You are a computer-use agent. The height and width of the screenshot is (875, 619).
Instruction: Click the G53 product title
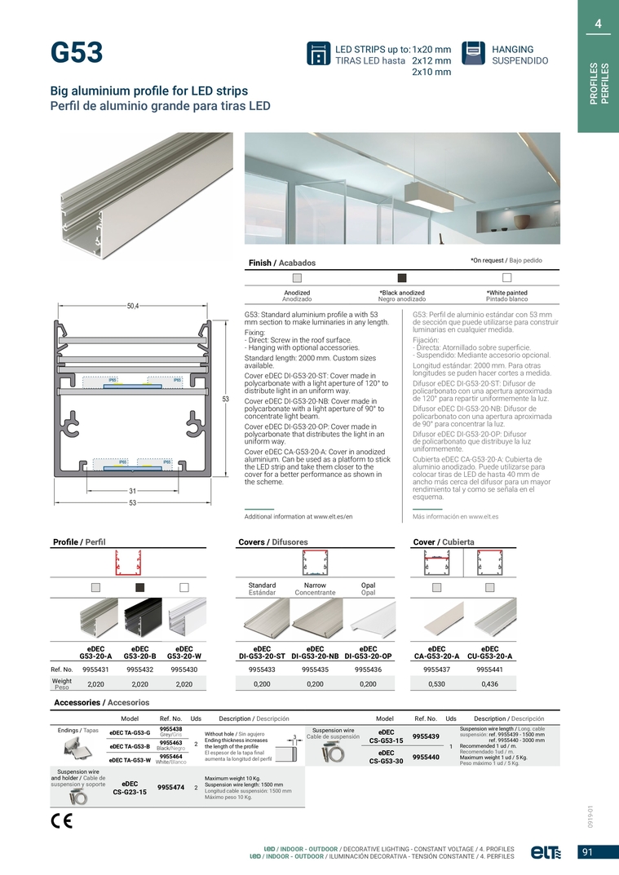(77, 53)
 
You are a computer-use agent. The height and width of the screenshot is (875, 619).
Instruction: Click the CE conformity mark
(61, 820)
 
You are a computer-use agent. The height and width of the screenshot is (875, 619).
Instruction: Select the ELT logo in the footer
(546, 852)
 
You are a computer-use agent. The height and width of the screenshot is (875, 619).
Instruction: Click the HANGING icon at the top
(473, 53)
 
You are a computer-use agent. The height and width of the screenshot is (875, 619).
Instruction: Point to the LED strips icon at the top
(318, 53)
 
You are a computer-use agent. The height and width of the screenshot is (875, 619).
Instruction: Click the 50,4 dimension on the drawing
(133, 306)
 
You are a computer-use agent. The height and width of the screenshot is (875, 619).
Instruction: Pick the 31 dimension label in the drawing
(132, 491)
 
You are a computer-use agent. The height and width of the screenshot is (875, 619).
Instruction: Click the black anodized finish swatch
(401, 277)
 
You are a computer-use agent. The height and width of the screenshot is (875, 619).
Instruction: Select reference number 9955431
(96, 669)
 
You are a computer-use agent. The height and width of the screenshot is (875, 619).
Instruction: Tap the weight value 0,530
(437, 684)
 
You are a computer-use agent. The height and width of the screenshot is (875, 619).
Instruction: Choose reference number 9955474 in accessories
(170, 788)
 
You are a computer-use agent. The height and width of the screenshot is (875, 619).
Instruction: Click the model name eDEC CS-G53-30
(387, 757)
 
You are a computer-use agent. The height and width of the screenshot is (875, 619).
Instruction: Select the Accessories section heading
(101, 702)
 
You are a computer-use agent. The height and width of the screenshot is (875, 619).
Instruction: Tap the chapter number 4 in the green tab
(598, 24)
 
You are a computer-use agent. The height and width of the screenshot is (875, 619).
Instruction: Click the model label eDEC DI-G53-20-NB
(315, 652)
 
